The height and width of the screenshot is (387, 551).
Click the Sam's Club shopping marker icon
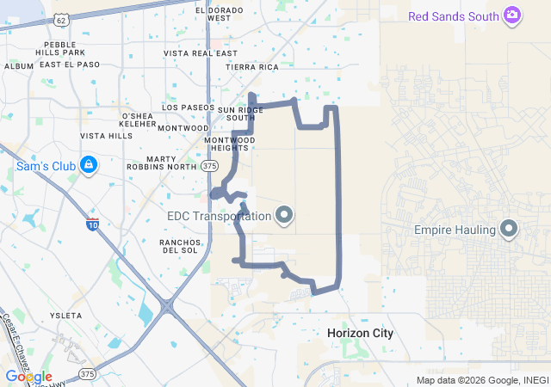click(x=88, y=163)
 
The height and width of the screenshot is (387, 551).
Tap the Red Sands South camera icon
click(x=512, y=15)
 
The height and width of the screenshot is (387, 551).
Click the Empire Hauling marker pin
click(x=509, y=230)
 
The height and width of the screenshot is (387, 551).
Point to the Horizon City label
click(x=360, y=332)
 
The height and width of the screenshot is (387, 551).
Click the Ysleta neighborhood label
click(x=66, y=316)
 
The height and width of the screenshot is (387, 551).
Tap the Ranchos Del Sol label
click(x=179, y=247)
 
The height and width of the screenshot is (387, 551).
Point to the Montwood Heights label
click(x=229, y=144)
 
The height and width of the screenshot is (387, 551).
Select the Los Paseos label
click(x=187, y=108)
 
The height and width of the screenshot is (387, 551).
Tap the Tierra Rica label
click(x=251, y=66)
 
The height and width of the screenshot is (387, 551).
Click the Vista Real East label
click(x=200, y=53)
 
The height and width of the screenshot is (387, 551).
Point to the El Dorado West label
click(x=219, y=14)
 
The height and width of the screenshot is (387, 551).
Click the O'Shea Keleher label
click(x=138, y=120)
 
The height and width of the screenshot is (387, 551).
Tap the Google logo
click(x=28, y=377)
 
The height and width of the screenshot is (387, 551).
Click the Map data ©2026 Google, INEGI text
click(x=482, y=380)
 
